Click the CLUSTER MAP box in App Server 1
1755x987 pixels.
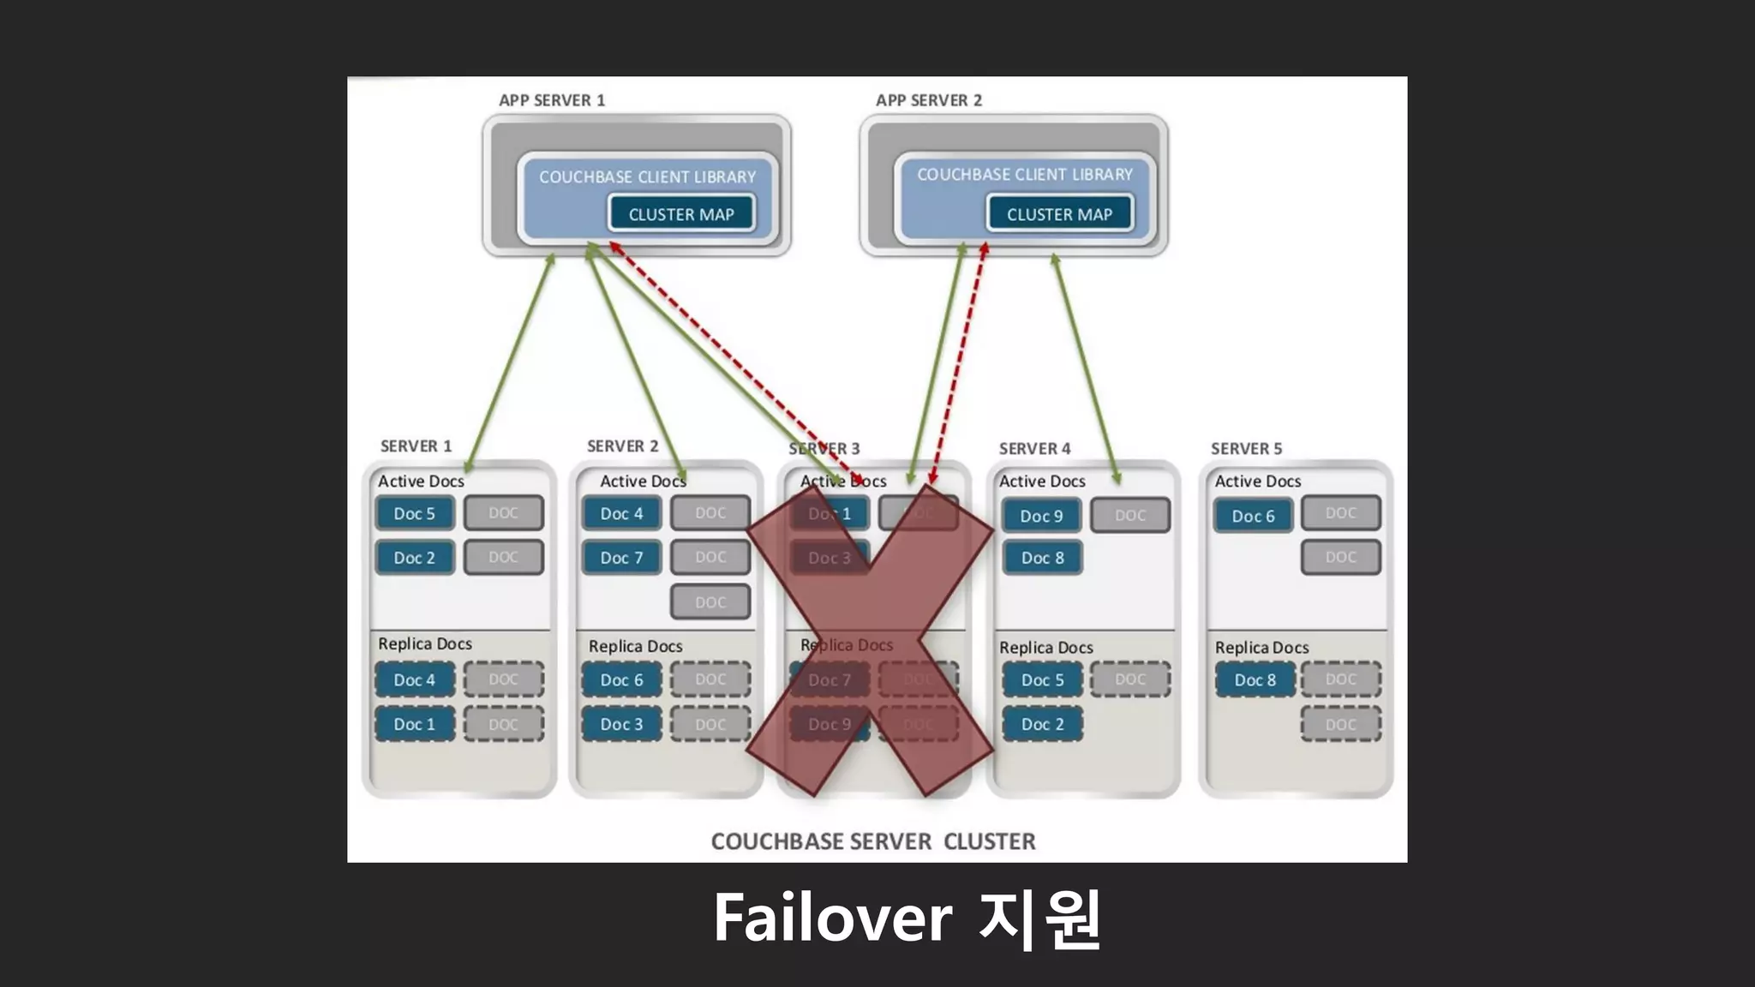click(681, 214)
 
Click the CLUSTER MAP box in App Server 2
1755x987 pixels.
click(1059, 214)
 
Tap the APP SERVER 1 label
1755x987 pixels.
click(552, 100)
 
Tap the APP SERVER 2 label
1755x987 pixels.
click(929, 100)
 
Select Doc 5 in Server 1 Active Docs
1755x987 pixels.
click(415, 513)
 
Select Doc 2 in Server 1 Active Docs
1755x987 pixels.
click(415, 558)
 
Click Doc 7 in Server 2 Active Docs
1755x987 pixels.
click(621, 558)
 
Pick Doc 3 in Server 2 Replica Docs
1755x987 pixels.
click(621, 724)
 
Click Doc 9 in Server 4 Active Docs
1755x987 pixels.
click(1041, 516)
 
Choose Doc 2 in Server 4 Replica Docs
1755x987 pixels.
click(1042, 724)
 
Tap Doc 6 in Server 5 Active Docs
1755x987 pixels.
click(1253, 516)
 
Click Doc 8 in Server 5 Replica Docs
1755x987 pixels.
click(1255, 679)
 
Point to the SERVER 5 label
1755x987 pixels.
click(1246, 448)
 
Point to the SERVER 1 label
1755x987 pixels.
click(416, 446)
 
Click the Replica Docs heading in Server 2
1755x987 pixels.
click(635, 646)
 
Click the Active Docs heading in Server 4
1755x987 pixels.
click(1042, 482)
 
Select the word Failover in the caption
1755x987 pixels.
click(832, 918)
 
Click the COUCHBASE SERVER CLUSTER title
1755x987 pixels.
click(873, 841)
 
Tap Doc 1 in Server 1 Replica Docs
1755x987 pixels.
click(415, 724)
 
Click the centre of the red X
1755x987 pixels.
click(871, 639)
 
